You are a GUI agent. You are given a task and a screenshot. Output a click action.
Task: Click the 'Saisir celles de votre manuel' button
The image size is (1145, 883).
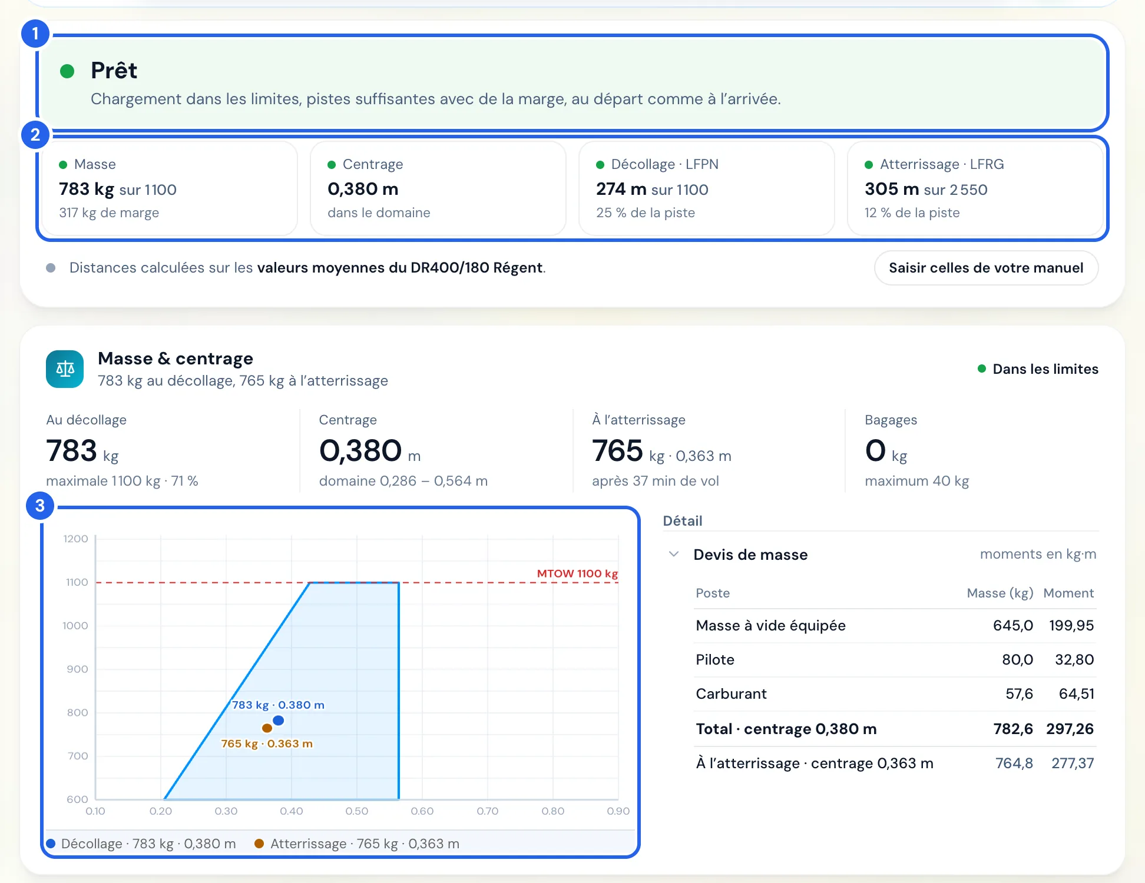click(x=986, y=268)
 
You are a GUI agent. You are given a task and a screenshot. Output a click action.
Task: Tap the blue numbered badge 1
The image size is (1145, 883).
click(x=35, y=34)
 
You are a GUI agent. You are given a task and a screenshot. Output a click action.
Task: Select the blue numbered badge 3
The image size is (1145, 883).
click(x=40, y=506)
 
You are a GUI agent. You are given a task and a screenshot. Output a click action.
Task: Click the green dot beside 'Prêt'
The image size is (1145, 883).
click(x=67, y=71)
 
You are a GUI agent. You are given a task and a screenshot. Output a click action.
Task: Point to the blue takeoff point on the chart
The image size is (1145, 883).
click(x=279, y=720)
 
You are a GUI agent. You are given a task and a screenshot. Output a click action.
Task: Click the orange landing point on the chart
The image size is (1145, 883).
click(x=267, y=728)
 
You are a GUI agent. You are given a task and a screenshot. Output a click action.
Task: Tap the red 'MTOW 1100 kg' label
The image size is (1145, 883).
click(x=577, y=573)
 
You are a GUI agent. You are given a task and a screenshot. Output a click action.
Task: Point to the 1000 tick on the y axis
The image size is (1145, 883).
click(x=75, y=626)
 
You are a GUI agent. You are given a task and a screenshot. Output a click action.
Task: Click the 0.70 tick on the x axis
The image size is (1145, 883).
click(x=488, y=811)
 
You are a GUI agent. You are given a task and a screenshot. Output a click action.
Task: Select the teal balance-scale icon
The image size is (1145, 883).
click(x=65, y=369)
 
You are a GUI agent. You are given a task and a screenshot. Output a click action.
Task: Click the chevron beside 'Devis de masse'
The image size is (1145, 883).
click(x=674, y=555)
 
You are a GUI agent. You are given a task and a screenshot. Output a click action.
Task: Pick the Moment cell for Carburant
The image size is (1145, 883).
click(x=1076, y=694)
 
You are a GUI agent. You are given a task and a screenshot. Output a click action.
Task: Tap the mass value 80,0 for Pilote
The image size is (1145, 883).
click(x=1017, y=660)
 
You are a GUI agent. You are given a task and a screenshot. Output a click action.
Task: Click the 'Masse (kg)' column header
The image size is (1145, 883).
click(x=1000, y=593)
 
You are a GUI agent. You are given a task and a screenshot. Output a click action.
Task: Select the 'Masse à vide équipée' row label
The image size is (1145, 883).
click(x=770, y=626)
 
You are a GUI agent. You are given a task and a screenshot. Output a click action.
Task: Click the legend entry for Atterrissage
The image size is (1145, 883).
click(x=357, y=844)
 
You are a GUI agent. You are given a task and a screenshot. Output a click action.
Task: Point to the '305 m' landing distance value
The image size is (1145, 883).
click(x=892, y=189)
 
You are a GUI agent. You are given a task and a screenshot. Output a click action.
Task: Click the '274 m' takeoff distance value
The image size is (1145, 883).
click(x=621, y=189)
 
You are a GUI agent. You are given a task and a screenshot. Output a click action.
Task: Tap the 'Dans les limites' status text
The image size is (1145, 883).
click(x=1045, y=369)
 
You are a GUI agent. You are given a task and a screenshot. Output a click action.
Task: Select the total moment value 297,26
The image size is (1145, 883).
click(x=1070, y=729)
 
